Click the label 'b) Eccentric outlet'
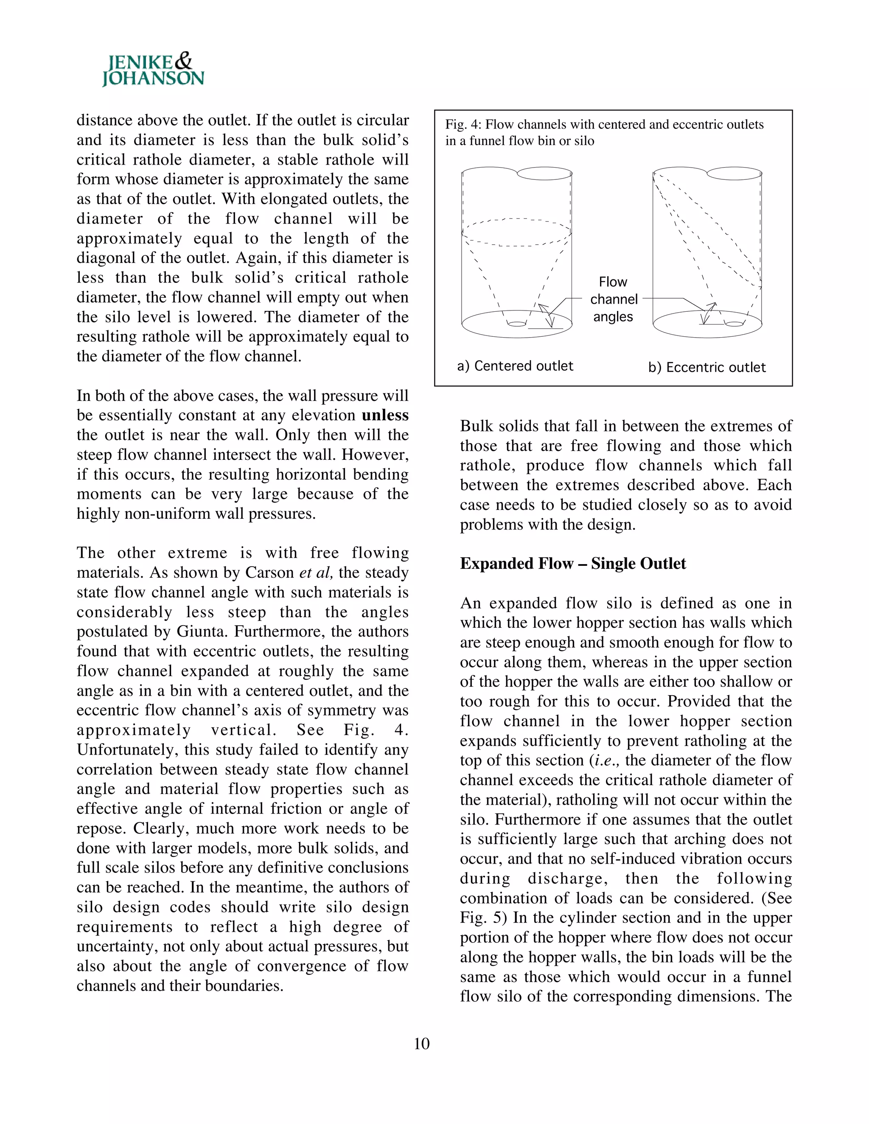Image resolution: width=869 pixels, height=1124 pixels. (707, 367)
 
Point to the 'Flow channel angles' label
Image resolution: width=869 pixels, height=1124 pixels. (613, 299)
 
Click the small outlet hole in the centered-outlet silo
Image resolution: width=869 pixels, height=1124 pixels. (516, 323)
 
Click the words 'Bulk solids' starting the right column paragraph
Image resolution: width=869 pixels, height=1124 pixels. (497, 426)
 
